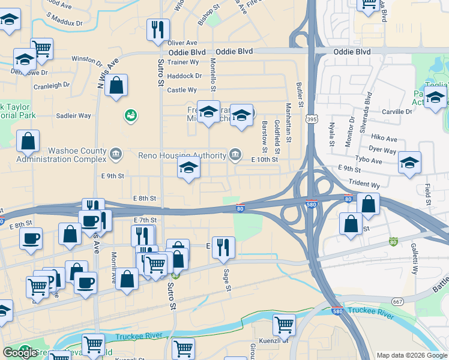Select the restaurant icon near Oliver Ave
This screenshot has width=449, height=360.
click(158, 29)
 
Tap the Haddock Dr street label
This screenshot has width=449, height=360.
click(184, 76)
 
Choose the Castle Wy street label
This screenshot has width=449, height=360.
click(182, 90)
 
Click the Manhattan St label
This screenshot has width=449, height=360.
click(289, 123)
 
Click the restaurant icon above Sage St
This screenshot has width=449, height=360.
click(223, 247)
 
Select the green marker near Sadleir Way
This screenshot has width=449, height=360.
click(130, 115)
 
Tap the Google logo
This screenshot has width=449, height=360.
click(19, 353)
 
